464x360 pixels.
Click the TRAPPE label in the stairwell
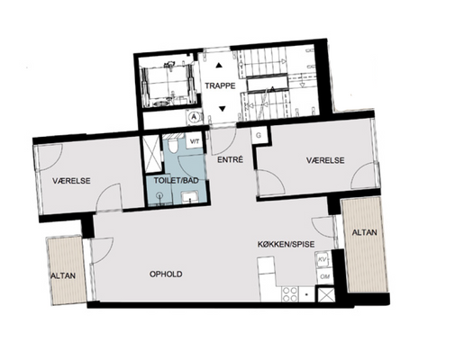(x=220, y=86)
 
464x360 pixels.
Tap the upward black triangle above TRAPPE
(x=220, y=65)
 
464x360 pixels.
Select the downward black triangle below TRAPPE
(x=222, y=109)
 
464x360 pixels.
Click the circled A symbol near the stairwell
(x=194, y=117)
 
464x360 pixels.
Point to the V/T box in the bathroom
(x=195, y=141)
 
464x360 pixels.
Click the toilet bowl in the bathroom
(x=173, y=145)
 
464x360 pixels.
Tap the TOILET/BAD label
(x=177, y=181)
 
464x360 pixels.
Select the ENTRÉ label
(x=230, y=160)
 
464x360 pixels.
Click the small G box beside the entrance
(x=259, y=135)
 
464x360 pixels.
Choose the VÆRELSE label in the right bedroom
(x=325, y=160)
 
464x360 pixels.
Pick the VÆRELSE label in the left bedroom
(x=71, y=181)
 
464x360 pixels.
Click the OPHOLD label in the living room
(x=166, y=274)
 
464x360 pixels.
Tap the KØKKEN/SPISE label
(x=286, y=244)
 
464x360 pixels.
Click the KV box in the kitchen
(x=323, y=259)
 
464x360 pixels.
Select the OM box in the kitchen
(x=324, y=276)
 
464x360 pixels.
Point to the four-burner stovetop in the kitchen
(x=290, y=294)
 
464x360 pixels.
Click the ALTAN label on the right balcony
(x=364, y=232)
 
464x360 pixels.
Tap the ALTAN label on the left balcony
(x=63, y=275)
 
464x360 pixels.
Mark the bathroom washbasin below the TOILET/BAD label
(x=189, y=197)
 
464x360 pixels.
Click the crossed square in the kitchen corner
(x=326, y=294)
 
